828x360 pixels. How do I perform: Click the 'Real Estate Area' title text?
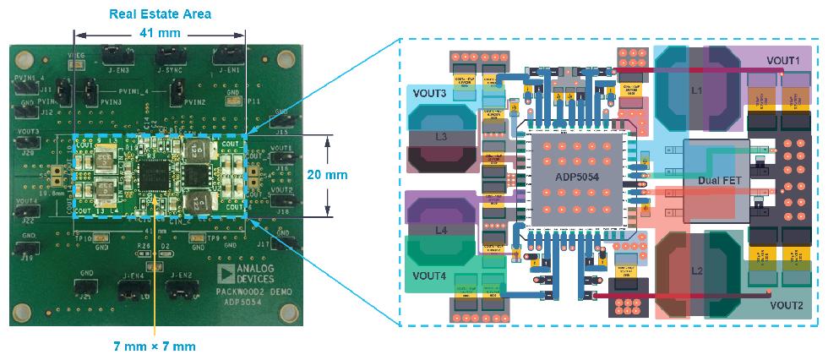point(160,14)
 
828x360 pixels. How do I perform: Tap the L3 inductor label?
point(440,135)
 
